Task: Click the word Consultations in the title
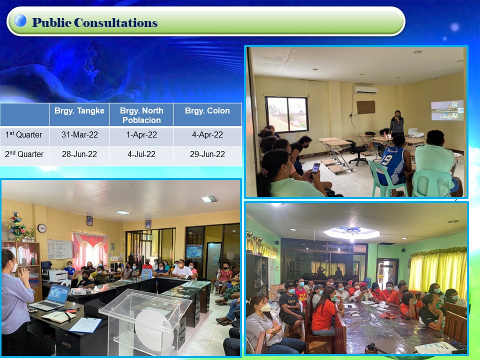coord(115,22)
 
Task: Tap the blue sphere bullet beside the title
coord(20,20)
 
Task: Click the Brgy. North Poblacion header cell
coord(141,115)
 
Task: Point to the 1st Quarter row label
coord(23,134)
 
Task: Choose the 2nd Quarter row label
coord(24,154)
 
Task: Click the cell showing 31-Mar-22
coord(79,134)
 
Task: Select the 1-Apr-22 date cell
coord(141,134)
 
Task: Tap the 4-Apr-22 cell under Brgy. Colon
coord(207,134)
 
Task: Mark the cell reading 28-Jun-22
coord(79,154)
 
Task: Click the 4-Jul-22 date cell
coord(141,154)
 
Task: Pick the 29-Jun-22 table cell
coord(207,154)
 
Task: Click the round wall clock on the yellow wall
coord(42,228)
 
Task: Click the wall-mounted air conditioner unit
coord(365,89)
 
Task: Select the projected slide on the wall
coord(447,110)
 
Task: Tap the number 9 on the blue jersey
coord(386,160)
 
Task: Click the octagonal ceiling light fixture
coord(351,233)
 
